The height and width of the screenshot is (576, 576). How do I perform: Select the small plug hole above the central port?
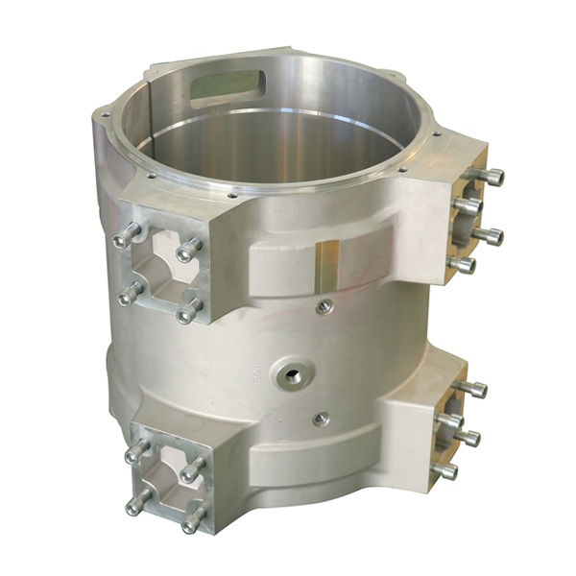(x=323, y=305)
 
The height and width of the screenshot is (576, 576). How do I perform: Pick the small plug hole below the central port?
(x=321, y=419)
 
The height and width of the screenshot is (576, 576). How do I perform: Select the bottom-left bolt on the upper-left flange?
(x=130, y=294)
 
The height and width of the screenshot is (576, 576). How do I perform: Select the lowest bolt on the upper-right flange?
(x=460, y=264)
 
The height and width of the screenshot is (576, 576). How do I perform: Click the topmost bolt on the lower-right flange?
(x=472, y=389)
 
